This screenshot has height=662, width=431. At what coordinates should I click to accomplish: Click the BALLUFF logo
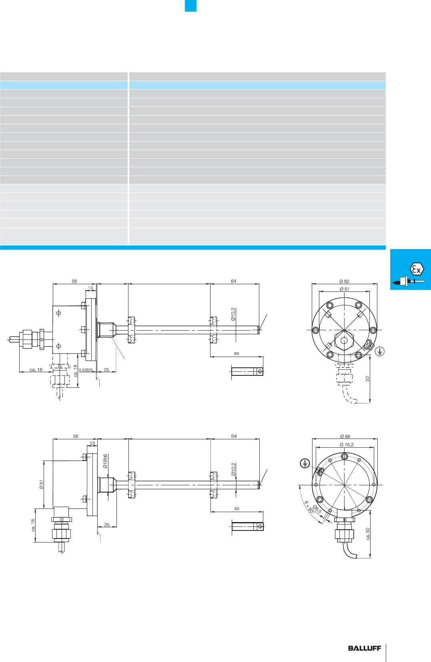pyautogui.click(x=365, y=648)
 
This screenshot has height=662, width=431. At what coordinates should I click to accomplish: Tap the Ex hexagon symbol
pyautogui.click(x=417, y=269)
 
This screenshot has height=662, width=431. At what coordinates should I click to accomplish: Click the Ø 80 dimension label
pyautogui.click(x=344, y=281)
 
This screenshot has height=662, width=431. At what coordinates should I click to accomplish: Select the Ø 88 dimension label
pyautogui.click(x=345, y=436)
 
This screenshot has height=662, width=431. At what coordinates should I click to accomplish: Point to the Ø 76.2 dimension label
pyautogui.click(x=347, y=445)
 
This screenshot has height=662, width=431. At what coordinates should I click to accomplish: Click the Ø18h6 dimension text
pyautogui.click(x=105, y=461)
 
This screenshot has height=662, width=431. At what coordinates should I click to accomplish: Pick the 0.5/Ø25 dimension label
pyautogui.click(x=86, y=370)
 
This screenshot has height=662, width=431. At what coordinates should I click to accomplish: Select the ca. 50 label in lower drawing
pyautogui.click(x=368, y=534)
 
